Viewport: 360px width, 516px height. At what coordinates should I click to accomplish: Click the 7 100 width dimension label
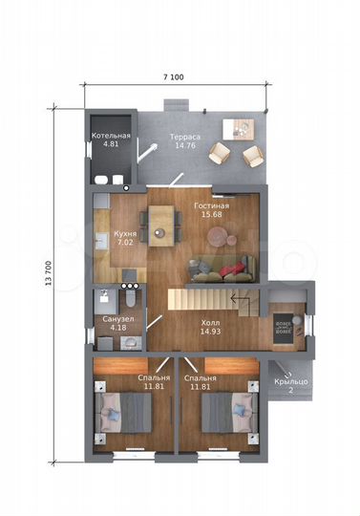(x=174, y=77)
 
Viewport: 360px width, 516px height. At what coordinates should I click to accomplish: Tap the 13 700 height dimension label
(x=49, y=272)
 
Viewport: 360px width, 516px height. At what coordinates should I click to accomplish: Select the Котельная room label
(x=111, y=136)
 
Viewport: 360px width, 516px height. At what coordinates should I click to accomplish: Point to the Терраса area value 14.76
(x=185, y=145)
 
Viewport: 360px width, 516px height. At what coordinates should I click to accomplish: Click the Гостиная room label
(x=212, y=206)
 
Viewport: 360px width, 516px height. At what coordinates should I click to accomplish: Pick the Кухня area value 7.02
(x=125, y=243)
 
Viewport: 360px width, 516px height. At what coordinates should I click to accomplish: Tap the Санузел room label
(x=118, y=319)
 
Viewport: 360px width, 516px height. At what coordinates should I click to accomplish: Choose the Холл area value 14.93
(x=210, y=332)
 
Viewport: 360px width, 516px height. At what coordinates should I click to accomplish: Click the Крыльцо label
(x=291, y=381)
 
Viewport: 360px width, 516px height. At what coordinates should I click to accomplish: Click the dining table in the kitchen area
(x=161, y=226)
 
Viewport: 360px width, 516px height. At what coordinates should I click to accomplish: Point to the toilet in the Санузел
(x=131, y=297)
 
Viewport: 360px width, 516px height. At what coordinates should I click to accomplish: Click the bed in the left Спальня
(x=123, y=413)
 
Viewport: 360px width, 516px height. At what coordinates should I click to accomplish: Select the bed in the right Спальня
(x=229, y=413)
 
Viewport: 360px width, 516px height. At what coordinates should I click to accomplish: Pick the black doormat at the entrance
(x=284, y=329)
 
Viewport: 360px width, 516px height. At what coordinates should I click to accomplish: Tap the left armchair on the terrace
(x=220, y=153)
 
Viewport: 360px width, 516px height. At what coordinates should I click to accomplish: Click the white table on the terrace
(x=239, y=129)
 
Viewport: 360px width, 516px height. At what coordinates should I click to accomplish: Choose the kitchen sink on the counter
(x=101, y=241)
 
